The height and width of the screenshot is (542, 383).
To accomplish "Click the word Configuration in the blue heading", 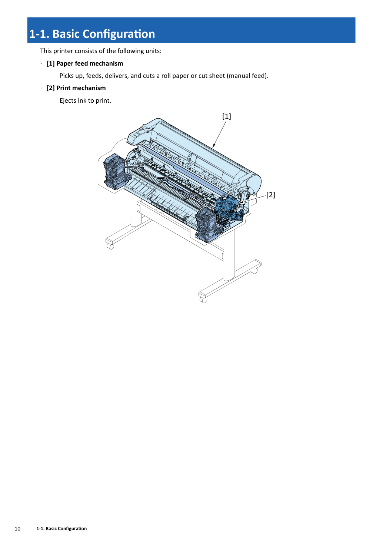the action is click(119, 34).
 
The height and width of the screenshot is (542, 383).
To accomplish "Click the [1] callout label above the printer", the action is click(227, 116).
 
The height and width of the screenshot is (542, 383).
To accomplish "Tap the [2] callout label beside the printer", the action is click(270, 195).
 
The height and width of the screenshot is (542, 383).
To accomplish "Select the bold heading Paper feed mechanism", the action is click(90, 63).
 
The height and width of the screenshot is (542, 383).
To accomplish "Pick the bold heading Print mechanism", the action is click(81, 88).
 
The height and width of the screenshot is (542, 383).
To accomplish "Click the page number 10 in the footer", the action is click(17, 529).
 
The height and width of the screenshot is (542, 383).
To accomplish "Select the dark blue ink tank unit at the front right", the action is click(208, 225).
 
